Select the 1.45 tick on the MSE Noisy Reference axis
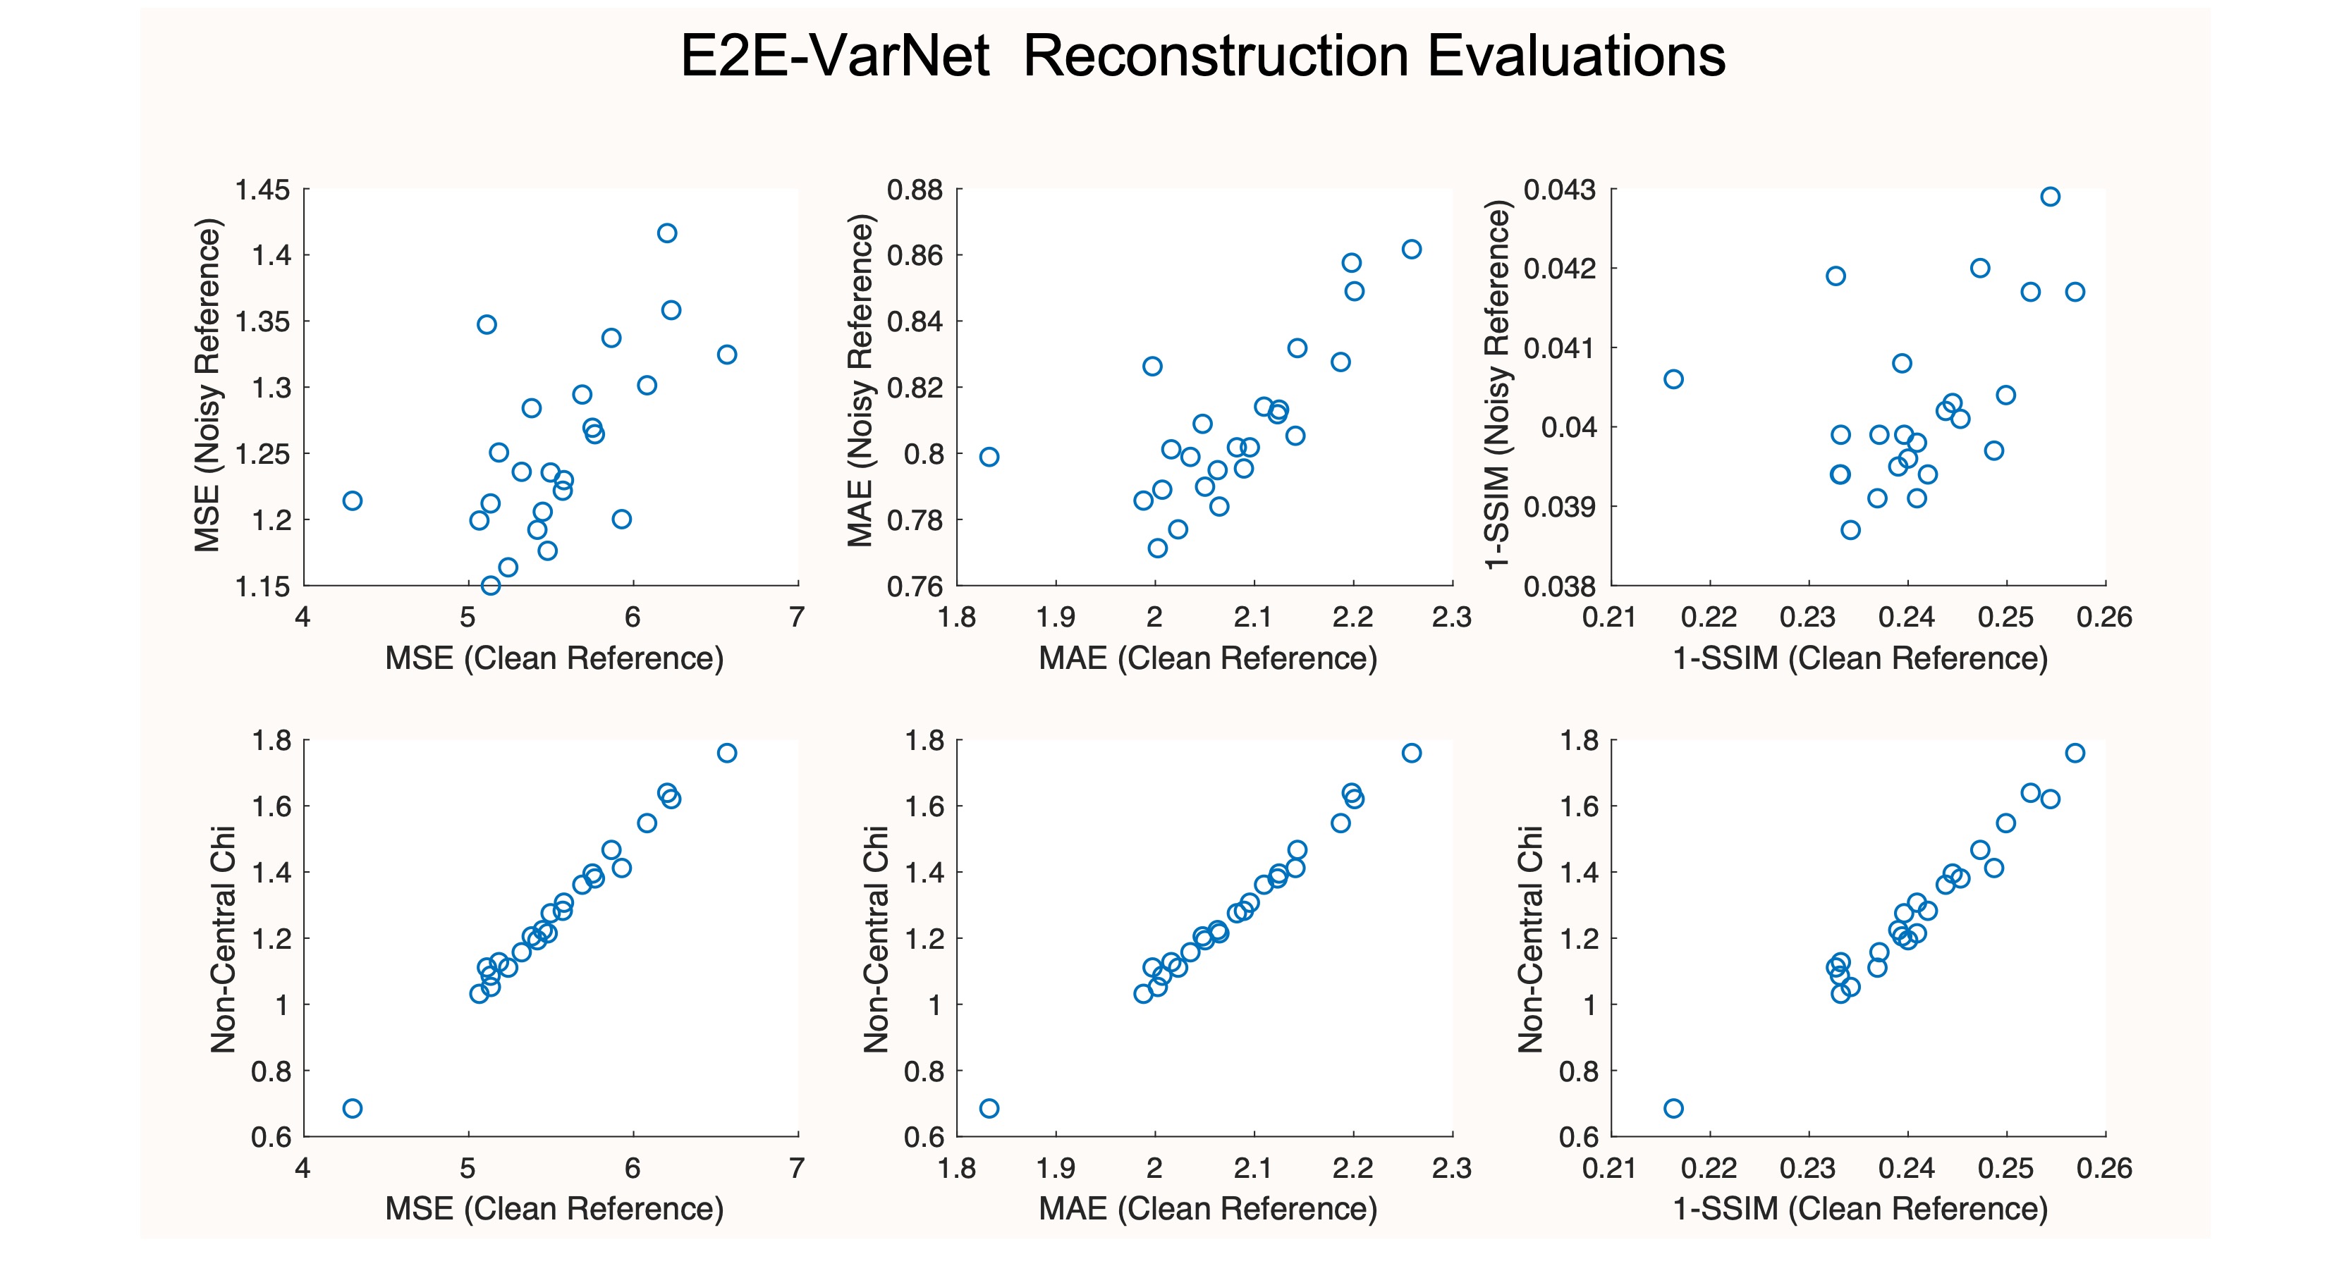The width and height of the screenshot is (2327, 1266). [x=262, y=190]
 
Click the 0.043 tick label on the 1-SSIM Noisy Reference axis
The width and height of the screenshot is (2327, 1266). [x=1559, y=190]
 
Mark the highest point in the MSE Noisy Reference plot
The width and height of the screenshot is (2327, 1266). [x=666, y=233]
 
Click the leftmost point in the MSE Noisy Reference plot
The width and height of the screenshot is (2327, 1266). [x=353, y=500]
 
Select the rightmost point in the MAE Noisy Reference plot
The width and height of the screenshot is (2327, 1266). [x=1411, y=250]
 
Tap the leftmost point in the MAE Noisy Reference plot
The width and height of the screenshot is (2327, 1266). [x=989, y=457]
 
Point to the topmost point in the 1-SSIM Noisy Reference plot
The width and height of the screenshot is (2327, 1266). [x=2051, y=197]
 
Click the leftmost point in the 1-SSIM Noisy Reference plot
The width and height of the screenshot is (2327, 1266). [x=1673, y=379]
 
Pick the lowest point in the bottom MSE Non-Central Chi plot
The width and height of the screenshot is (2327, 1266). [x=353, y=1108]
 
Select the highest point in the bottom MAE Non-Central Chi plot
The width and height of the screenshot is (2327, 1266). [x=1411, y=753]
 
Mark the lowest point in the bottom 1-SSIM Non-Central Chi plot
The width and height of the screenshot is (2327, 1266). [x=1673, y=1108]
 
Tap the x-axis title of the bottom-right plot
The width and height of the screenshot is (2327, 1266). [x=1860, y=1208]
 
